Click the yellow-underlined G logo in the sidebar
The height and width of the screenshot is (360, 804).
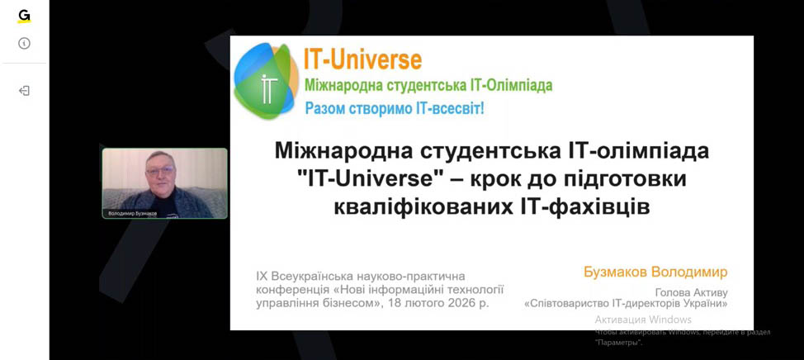pos(24,17)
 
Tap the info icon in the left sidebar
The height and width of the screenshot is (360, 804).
pos(24,44)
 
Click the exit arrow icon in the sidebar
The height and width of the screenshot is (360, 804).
pos(24,91)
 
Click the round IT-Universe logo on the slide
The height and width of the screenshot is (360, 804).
pos(266,81)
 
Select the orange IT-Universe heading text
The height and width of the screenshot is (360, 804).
pos(362,59)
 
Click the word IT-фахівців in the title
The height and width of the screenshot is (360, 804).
pos(581,207)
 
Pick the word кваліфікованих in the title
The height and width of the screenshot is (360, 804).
pos(420,207)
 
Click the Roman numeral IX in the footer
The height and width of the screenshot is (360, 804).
pos(261,277)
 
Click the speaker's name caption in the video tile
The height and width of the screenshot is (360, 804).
pos(132,213)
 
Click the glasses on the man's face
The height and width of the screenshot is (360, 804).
pos(160,170)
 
